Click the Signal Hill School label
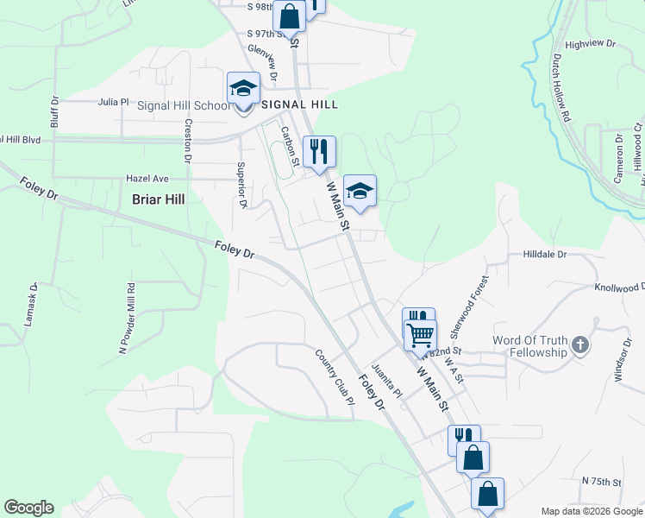[x=184, y=106]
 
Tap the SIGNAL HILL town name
[x=299, y=104]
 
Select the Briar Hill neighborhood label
[x=159, y=199]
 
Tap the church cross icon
[x=580, y=346]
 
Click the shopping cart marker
[x=420, y=334]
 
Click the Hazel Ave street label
[x=147, y=178]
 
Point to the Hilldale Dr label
[x=544, y=255]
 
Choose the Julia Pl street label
[x=113, y=101]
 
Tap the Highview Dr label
[x=590, y=42]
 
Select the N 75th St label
[x=602, y=480]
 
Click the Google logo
[x=28, y=508]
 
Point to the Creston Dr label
[x=187, y=139]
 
